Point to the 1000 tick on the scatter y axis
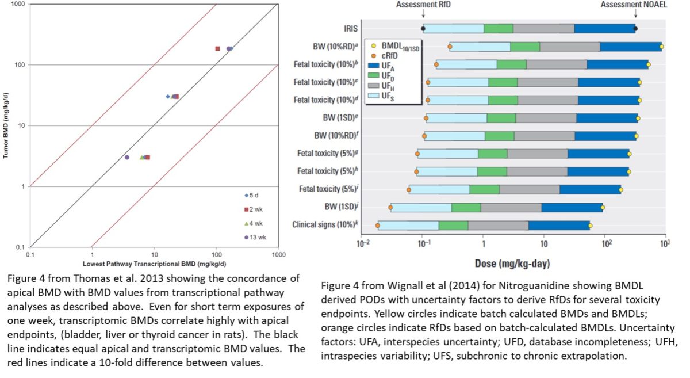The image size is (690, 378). point(17,4)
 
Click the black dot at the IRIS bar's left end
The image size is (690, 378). point(423,29)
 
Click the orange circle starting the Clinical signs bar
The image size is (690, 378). point(377,226)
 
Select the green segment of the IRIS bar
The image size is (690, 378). point(498,29)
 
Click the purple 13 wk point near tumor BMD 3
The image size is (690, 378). point(127,157)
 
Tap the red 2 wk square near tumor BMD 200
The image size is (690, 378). point(217,49)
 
